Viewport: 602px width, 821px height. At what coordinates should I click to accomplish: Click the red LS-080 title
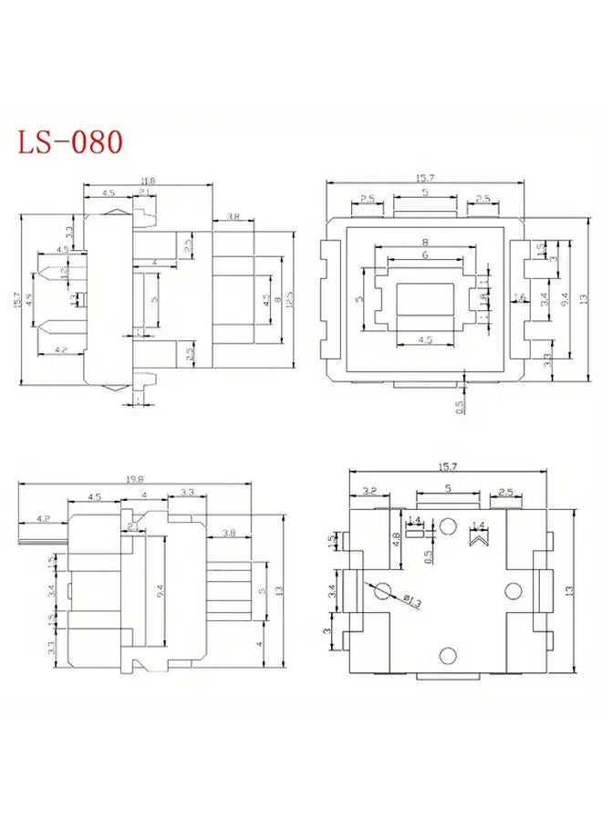click(69, 142)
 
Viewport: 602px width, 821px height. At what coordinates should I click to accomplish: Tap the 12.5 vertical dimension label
click(290, 298)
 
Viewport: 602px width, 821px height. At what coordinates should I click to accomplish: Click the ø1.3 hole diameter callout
click(412, 599)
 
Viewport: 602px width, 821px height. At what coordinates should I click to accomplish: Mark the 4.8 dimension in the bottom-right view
click(395, 539)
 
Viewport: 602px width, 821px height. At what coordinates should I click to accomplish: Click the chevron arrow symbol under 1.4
click(477, 539)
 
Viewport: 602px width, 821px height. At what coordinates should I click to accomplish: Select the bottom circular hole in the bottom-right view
click(448, 655)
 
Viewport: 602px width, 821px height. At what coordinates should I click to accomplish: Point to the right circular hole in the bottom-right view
click(512, 590)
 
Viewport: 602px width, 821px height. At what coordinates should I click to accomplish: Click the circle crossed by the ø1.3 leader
click(383, 590)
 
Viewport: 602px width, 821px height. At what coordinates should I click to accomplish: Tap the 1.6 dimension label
click(520, 297)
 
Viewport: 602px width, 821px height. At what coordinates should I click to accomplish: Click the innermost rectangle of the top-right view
click(425, 299)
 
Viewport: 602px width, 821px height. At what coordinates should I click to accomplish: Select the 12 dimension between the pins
click(63, 273)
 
